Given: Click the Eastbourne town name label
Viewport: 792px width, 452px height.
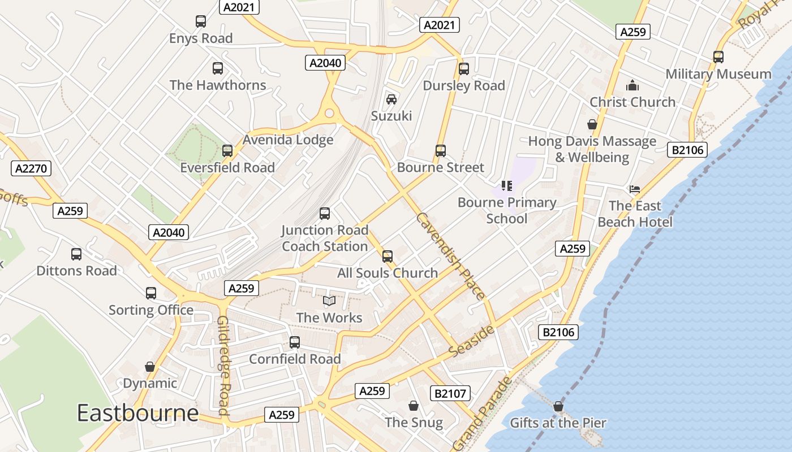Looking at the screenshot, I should pyautogui.click(x=137, y=413).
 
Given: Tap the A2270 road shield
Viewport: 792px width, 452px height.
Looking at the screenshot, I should pyautogui.click(x=31, y=168).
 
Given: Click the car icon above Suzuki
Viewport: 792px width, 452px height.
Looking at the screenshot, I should pyautogui.click(x=391, y=99).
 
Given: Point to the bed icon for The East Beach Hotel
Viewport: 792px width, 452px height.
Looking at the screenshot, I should pyautogui.click(x=635, y=189).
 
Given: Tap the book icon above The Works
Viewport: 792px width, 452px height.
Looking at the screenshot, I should pyautogui.click(x=329, y=301).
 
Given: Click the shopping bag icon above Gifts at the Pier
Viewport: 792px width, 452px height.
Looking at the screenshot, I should pyautogui.click(x=558, y=406).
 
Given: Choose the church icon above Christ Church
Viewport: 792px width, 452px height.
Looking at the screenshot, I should pyautogui.click(x=632, y=85).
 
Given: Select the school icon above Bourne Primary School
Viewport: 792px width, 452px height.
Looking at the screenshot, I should pyautogui.click(x=507, y=185).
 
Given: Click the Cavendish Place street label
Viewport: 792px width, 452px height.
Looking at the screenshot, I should pyautogui.click(x=450, y=256).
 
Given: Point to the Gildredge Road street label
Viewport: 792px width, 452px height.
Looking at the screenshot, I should pyautogui.click(x=223, y=366).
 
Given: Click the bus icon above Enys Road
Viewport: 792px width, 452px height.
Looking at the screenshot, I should pyautogui.click(x=201, y=21).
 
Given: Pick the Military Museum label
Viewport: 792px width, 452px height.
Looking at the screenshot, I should pyautogui.click(x=718, y=74).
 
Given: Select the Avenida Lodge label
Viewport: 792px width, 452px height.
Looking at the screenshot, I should pyautogui.click(x=288, y=140).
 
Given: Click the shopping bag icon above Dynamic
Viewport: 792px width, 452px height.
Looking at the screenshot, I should pyautogui.click(x=150, y=367).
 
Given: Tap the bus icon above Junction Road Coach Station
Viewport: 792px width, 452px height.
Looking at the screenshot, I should pyautogui.click(x=325, y=213).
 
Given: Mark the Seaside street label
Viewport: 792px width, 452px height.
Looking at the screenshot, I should pyautogui.click(x=471, y=340).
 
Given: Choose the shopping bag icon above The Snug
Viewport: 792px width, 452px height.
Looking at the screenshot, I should pyautogui.click(x=414, y=406).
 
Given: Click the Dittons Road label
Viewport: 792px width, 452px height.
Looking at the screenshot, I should pyautogui.click(x=77, y=271).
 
